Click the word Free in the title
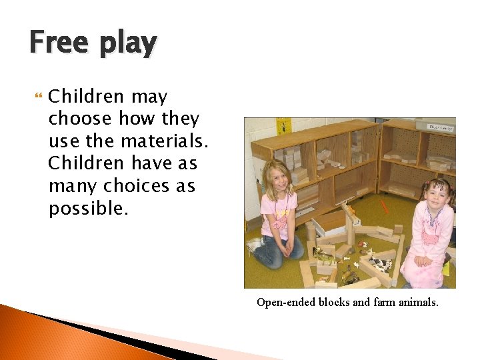click(58, 43)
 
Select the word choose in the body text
click(81, 119)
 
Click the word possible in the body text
click(87, 208)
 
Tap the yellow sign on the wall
click(283, 125)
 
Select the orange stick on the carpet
click(385, 206)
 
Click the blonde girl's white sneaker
click(253, 247)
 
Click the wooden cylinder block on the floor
click(311, 233)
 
